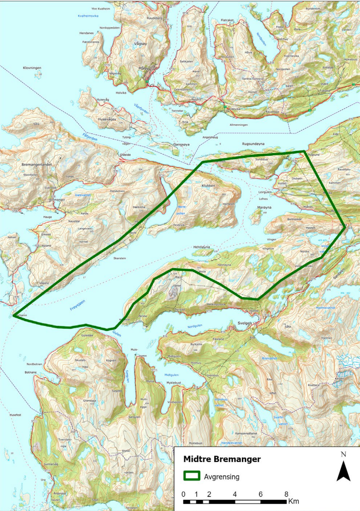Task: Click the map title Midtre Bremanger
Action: pyautogui.click(x=221, y=459)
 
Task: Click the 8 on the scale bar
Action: pyautogui.click(x=286, y=494)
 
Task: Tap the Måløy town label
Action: pyautogui.click(x=145, y=68)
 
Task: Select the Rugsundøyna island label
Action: pyautogui.click(x=253, y=144)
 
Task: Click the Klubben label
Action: pyautogui.click(x=208, y=187)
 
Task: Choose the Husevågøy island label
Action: pyautogui.click(x=107, y=119)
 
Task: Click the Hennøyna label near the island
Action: pyautogui.click(x=203, y=247)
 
